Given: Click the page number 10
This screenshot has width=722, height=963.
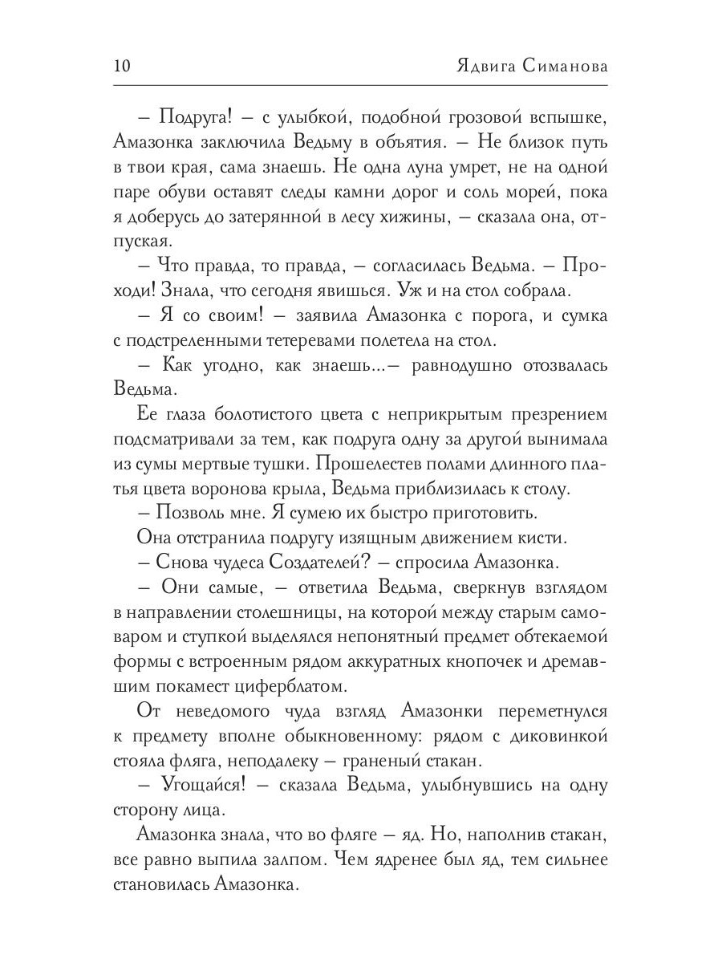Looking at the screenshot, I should (124, 66).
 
